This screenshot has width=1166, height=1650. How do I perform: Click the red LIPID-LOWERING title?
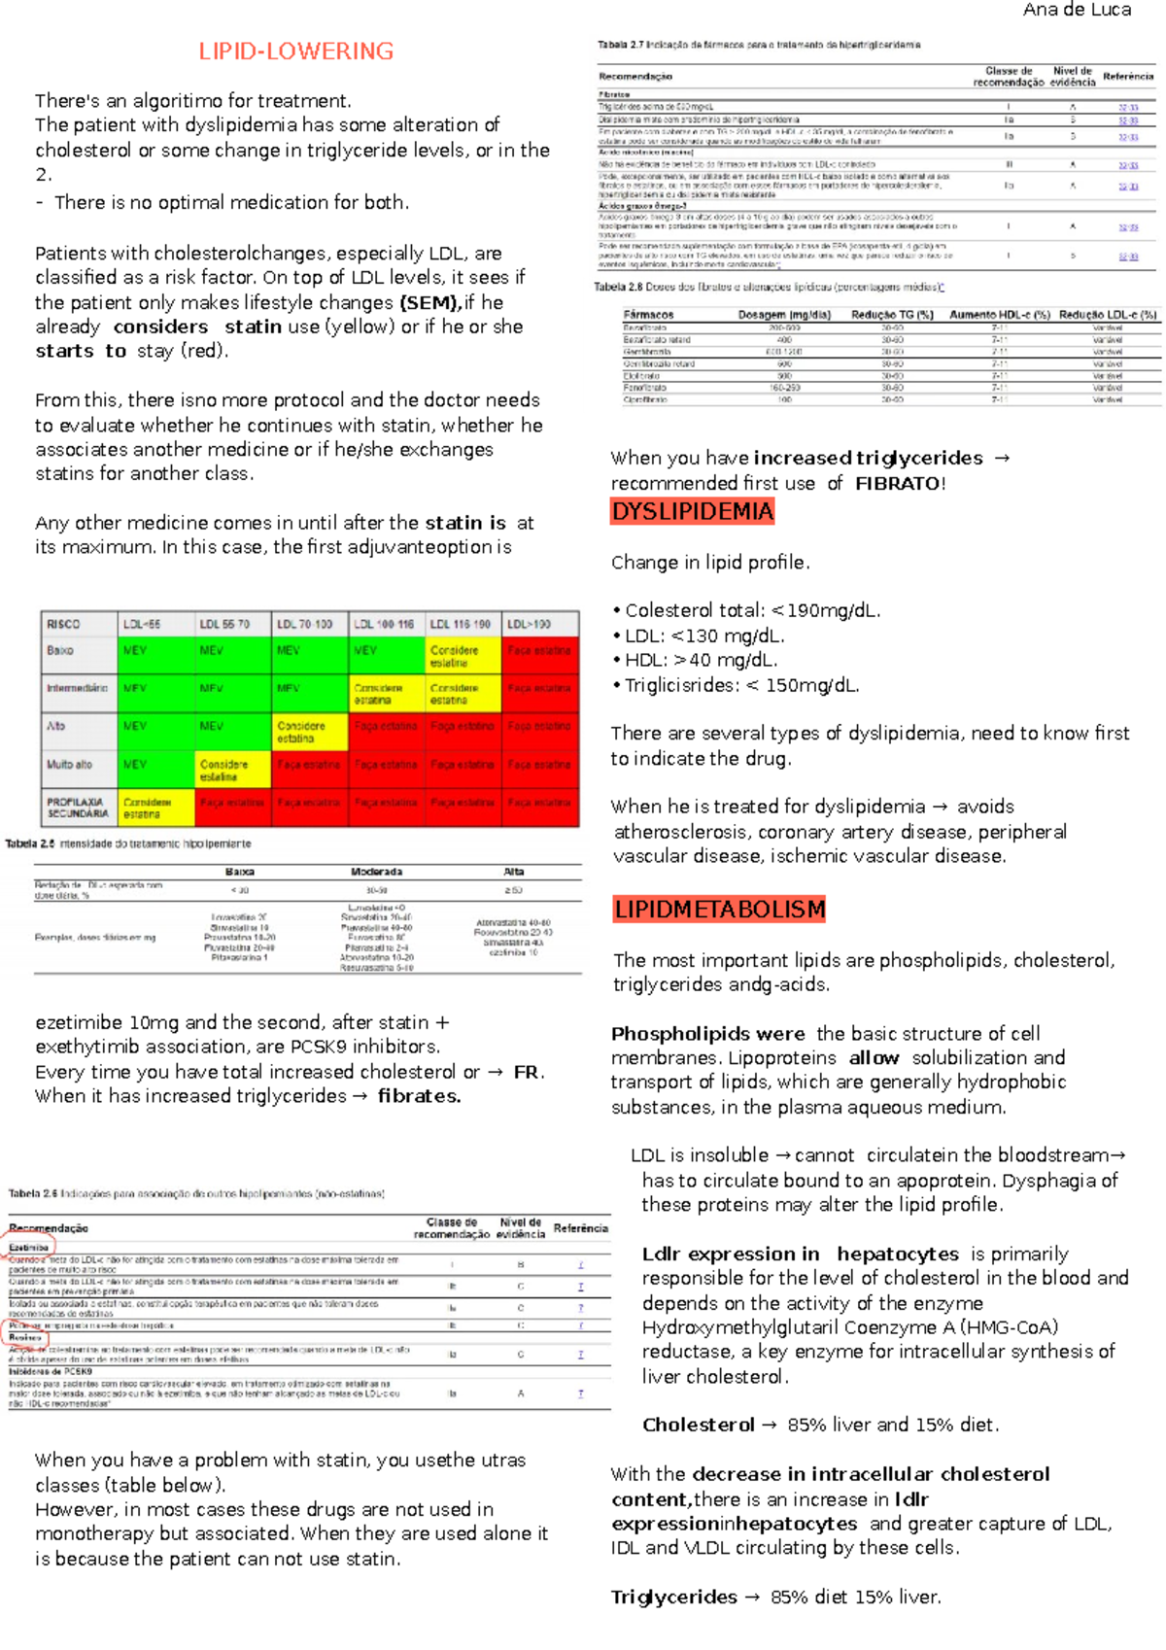(295, 52)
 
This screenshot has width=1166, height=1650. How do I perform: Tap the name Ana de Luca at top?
(1077, 10)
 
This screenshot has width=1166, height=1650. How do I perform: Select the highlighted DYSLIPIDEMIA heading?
(692, 511)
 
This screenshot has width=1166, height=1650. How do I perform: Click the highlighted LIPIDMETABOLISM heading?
(719, 910)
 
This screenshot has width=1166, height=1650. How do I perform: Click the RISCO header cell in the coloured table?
(64, 624)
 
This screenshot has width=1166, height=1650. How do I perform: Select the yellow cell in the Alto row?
(309, 732)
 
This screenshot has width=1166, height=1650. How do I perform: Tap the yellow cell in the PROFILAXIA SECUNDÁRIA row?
(155, 808)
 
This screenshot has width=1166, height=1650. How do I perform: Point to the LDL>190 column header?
(530, 624)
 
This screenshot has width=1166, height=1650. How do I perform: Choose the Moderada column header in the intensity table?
(377, 872)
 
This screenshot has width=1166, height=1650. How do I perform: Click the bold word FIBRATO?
(898, 483)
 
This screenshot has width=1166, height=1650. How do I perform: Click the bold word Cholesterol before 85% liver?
(698, 1425)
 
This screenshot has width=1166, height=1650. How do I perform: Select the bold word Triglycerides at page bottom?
(673, 1597)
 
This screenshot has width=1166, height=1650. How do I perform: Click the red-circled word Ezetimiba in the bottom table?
(29, 1247)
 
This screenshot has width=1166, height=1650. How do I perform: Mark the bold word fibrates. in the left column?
(419, 1096)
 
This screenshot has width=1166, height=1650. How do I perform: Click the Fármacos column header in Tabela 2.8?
(648, 315)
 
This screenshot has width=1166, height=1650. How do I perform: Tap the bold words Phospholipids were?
(707, 1034)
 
